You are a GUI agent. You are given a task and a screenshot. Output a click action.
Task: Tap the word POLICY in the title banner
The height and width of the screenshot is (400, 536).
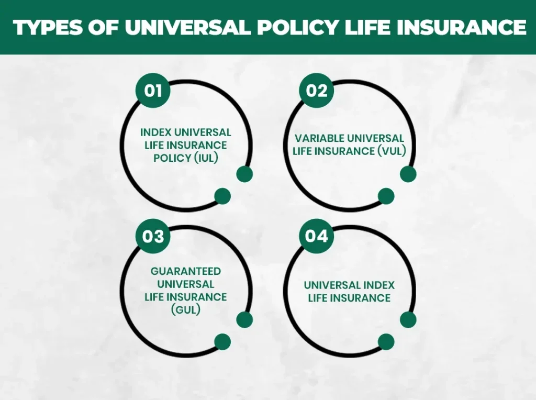pos(285,28)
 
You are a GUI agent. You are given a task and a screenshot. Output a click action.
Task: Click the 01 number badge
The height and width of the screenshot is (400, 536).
pos(152,91)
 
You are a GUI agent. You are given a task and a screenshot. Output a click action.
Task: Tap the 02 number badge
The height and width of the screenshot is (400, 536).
pos(316,91)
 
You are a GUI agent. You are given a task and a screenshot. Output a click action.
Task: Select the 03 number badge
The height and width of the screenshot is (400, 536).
pos(152,237)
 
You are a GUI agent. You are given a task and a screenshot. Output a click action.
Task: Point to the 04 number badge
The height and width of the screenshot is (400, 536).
pos(316,237)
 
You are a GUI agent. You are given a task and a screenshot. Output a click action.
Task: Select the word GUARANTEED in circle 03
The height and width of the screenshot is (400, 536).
pos(186,271)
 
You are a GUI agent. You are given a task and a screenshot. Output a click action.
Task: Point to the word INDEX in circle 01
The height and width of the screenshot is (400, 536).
pos(156,132)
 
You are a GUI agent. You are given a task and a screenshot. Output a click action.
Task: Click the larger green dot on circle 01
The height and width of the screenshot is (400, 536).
pos(244,174)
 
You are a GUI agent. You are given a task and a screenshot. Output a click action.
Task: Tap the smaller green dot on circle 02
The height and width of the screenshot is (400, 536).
pos(386,196)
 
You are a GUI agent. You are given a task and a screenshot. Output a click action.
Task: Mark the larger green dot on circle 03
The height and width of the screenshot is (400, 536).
pos(244,319)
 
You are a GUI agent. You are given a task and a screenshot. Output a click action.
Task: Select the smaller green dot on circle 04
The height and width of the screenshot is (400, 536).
pos(386,342)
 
